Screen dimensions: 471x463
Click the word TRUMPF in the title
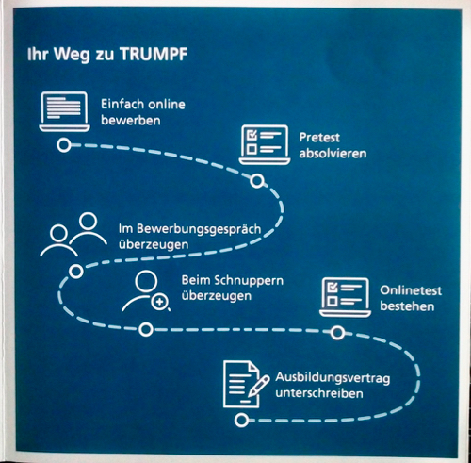(x=154, y=54)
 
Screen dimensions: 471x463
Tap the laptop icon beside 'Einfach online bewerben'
(x=64, y=111)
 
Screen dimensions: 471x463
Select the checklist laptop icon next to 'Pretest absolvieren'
(x=265, y=144)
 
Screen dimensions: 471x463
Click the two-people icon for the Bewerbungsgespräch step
(x=73, y=234)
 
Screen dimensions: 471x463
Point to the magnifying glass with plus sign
(x=160, y=303)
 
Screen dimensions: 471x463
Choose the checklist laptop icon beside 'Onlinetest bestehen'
(x=345, y=297)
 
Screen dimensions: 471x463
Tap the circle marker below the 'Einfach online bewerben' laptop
(x=64, y=145)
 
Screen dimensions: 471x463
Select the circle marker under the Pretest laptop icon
(x=257, y=181)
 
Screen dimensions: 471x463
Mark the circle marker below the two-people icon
(x=76, y=272)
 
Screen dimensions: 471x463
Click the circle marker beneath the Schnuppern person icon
(x=146, y=330)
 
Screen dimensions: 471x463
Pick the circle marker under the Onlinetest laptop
(x=337, y=333)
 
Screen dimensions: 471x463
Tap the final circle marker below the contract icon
(x=241, y=421)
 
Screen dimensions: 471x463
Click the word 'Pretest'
(x=319, y=138)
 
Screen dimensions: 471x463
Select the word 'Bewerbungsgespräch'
(x=199, y=229)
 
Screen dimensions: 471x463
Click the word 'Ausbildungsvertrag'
(x=333, y=378)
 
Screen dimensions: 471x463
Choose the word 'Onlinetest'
(x=411, y=290)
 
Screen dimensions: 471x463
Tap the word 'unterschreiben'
(x=319, y=393)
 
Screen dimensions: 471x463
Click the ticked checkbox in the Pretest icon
(x=252, y=135)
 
